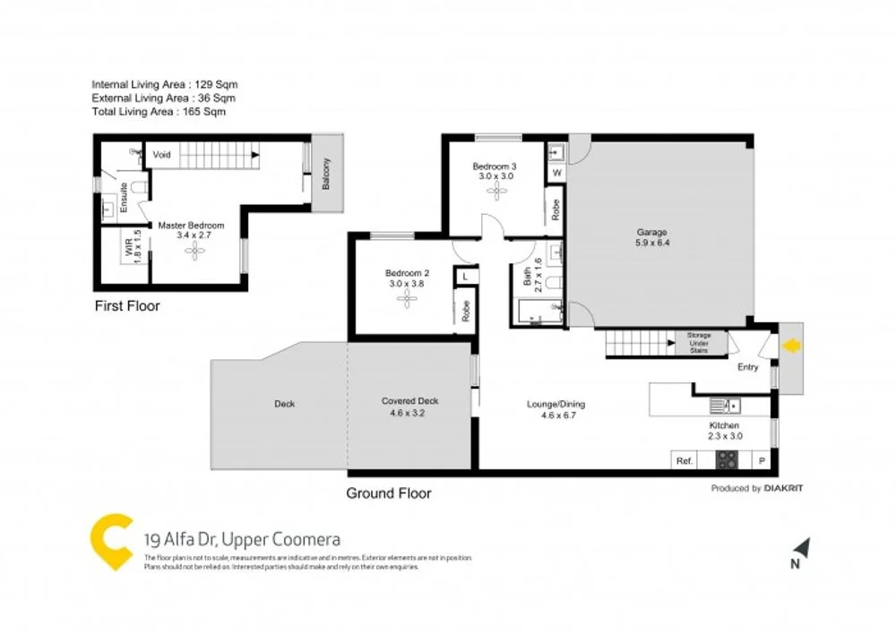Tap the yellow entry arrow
[791, 346]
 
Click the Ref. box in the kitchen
[685, 461]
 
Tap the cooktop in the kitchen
[726, 461]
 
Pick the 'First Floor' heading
[127, 306]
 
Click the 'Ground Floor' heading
[389, 493]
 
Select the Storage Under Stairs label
[699, 343]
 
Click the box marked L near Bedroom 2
[465, 278]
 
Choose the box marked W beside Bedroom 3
[556, 172]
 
